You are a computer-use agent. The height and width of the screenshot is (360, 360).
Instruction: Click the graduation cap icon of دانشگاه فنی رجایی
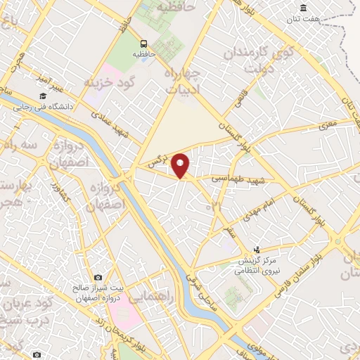41,96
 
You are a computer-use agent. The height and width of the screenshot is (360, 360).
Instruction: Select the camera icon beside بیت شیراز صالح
98,278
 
